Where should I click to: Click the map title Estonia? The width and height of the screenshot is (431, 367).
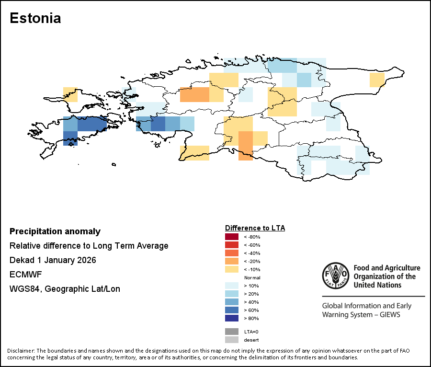(35, 19)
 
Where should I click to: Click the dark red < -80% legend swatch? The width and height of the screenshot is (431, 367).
(231, 237)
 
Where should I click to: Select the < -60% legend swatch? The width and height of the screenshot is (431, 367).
(231, 245)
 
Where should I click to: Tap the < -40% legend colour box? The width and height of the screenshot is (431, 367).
(231, 253)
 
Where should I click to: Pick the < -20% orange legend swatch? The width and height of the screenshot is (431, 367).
(231, 261)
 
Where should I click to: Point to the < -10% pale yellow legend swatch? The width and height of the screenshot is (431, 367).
(231, 269)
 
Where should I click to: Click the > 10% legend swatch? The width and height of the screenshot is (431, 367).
(231, 286)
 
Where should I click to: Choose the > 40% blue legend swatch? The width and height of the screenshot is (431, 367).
(231, 302)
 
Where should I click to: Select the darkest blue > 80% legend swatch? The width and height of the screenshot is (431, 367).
(231, 318)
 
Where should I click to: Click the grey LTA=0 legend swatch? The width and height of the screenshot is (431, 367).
(231, 332)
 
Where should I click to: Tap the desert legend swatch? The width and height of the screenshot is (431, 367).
(231, 340)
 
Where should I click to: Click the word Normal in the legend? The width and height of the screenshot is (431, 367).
(252, 278)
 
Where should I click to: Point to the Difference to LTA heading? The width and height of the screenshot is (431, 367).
(255, 228)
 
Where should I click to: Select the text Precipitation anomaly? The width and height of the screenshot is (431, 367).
(55, 231)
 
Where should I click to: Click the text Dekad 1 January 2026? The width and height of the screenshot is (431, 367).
(53, 260)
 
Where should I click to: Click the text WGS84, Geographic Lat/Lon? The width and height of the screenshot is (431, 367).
(65, 289)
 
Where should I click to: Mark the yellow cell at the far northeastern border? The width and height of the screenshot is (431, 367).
(377, 80)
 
